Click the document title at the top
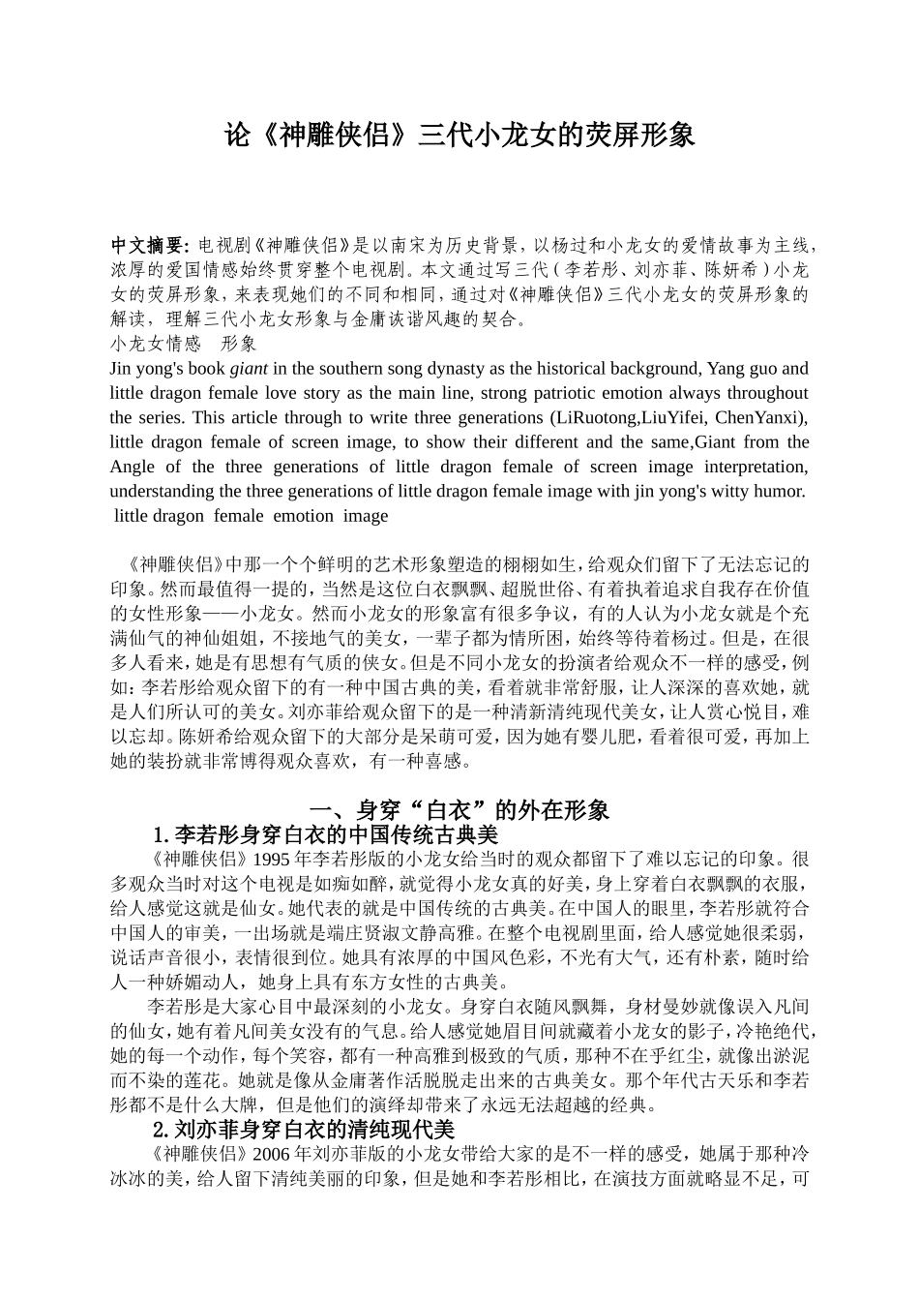[459, 136]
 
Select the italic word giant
[249, 369]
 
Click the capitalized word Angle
[132, 467]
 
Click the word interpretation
[756, 467]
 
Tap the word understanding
[159, 492]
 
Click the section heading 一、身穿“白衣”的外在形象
[459, 810]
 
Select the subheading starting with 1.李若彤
[325, 834]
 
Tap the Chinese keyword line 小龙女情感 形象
[184, 344]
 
